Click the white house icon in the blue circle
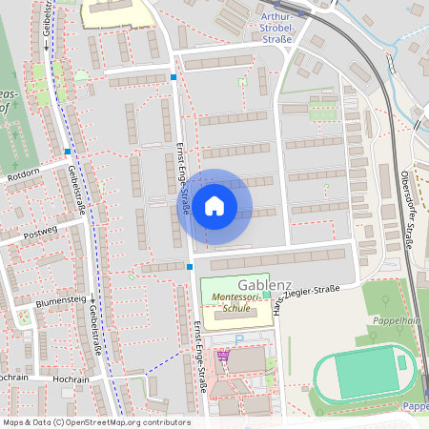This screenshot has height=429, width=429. click(x=214, y=204)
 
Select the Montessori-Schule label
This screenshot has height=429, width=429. click(x=233, y=304)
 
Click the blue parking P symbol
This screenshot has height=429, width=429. click(x=240, y=338)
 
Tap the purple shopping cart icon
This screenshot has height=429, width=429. click(x=224, y=356)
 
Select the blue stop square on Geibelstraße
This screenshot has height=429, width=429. click(x=68, y=151)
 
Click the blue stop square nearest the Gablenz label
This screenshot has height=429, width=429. click(x=191, y=267)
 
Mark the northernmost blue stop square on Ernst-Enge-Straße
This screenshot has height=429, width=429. click(x=174, y=76)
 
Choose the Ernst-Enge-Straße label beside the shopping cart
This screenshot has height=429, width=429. click(x=199, y=358)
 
